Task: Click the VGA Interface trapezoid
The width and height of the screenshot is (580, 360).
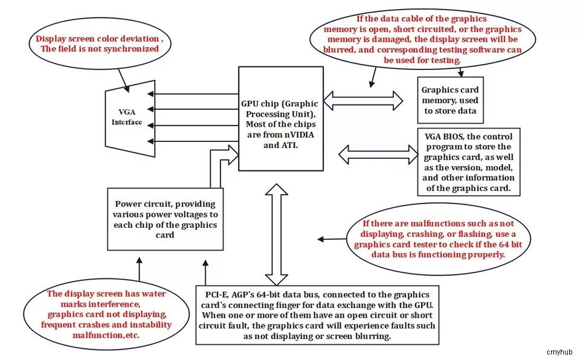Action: point(130,118)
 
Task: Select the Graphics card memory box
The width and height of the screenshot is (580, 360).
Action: point(450,100)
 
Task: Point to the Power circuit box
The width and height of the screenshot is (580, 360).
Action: point(166,219)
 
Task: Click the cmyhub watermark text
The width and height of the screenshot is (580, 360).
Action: point(559,352)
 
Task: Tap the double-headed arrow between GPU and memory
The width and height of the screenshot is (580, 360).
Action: point(363,100)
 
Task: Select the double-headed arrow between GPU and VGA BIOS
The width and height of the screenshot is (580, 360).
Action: point(378,154)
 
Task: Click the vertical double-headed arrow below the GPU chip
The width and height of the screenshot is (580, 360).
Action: point(276,234)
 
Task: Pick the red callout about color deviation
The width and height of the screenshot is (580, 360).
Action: point(100,43)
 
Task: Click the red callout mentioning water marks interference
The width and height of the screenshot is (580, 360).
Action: point(106,315)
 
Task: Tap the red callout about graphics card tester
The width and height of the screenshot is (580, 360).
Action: point(438,239)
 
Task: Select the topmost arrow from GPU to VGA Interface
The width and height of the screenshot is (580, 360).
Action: point(193,94)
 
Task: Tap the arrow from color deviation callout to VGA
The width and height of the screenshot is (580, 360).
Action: point(123,80)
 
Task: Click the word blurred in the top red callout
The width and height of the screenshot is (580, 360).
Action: point(338,50)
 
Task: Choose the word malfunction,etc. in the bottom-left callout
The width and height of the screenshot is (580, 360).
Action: point(106,335)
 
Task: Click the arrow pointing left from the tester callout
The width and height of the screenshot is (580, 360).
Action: point(332,239)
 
